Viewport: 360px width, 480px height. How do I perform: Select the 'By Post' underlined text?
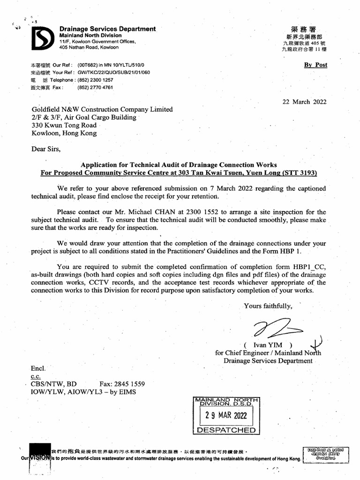(x=315, y=65)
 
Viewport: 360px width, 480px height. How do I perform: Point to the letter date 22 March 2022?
(x=304, y=102)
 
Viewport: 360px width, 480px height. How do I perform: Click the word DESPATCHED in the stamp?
(x=226, y=430)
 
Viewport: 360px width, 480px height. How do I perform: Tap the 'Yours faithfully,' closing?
(x=268, y=306)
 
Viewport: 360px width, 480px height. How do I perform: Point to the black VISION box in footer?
(x=40, y=456)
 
